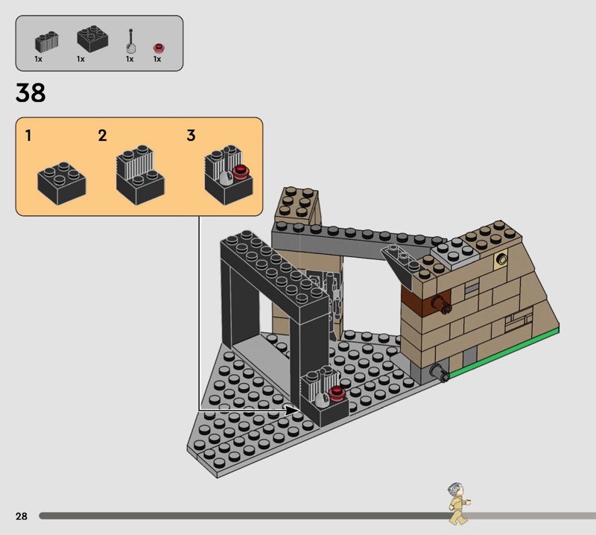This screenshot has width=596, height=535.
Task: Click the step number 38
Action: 31,93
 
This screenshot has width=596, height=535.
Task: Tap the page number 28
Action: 22,516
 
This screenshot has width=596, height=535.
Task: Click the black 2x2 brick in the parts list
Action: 92,39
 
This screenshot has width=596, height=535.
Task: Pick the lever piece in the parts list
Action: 131,42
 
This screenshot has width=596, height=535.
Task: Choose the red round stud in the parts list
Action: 159,48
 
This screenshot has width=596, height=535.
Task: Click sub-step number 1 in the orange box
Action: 28,136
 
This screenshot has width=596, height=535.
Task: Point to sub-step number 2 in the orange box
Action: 102,136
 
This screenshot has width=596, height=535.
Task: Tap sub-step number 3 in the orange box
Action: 191,136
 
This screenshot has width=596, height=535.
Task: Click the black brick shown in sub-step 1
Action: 62,183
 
